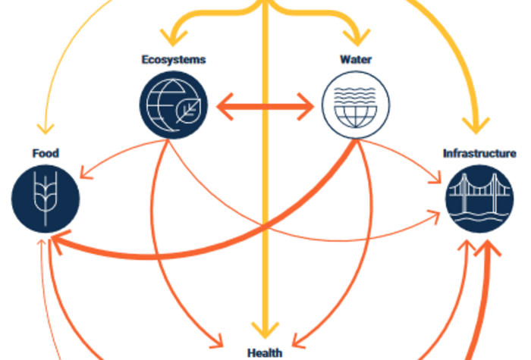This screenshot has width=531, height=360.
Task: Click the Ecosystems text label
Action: click(x=172, y=60)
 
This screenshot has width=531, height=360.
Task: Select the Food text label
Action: click(x=46, y=154)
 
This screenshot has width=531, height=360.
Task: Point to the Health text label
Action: click(x=265, y=352)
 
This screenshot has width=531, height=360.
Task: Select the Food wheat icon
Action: click(x=46, y=199)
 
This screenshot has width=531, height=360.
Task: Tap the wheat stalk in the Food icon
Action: click(x=46, y=199)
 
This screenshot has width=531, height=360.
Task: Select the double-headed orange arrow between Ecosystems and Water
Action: click(x=265, y=107)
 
